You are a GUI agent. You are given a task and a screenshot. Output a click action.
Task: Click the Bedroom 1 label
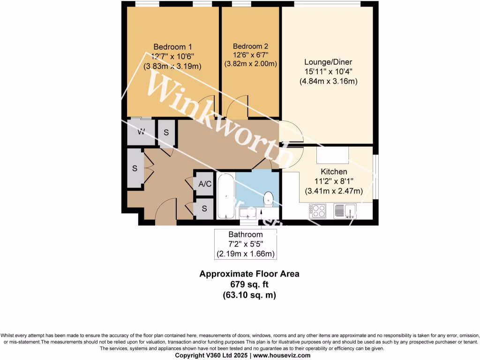click(172, 47)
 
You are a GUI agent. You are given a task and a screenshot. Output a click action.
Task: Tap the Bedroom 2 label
click(250, 46)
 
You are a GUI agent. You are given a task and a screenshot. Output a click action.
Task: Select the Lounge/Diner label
click(328, 62)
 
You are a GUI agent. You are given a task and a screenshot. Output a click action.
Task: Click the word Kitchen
click(334, 172)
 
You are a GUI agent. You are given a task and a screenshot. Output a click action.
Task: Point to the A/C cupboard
click(205, 184)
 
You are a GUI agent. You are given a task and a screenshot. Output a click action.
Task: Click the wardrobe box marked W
click(140, 132)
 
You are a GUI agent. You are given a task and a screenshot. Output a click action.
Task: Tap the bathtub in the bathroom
click(225, 197)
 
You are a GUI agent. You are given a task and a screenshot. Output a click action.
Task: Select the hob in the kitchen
click(317, 211)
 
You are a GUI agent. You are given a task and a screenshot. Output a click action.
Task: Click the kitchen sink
click(345, 211)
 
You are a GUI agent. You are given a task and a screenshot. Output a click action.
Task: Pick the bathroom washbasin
click(247, 213)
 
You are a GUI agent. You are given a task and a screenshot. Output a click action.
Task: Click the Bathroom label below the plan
click(245, 234)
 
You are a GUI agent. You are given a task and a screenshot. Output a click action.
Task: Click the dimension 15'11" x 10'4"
click(328, 72)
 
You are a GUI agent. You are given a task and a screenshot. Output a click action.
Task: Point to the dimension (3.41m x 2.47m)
click(334, 191)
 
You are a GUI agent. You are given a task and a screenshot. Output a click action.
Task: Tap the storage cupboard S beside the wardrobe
click(166, 132)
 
